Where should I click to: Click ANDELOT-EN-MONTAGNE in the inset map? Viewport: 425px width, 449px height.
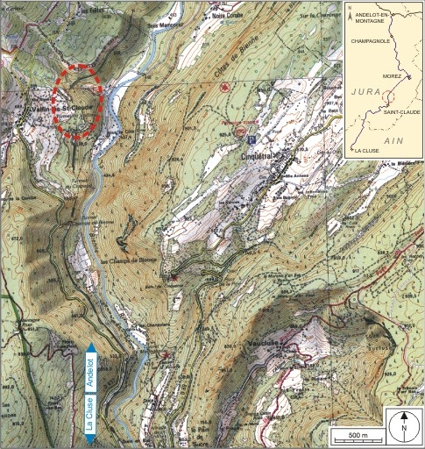point(379,20)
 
